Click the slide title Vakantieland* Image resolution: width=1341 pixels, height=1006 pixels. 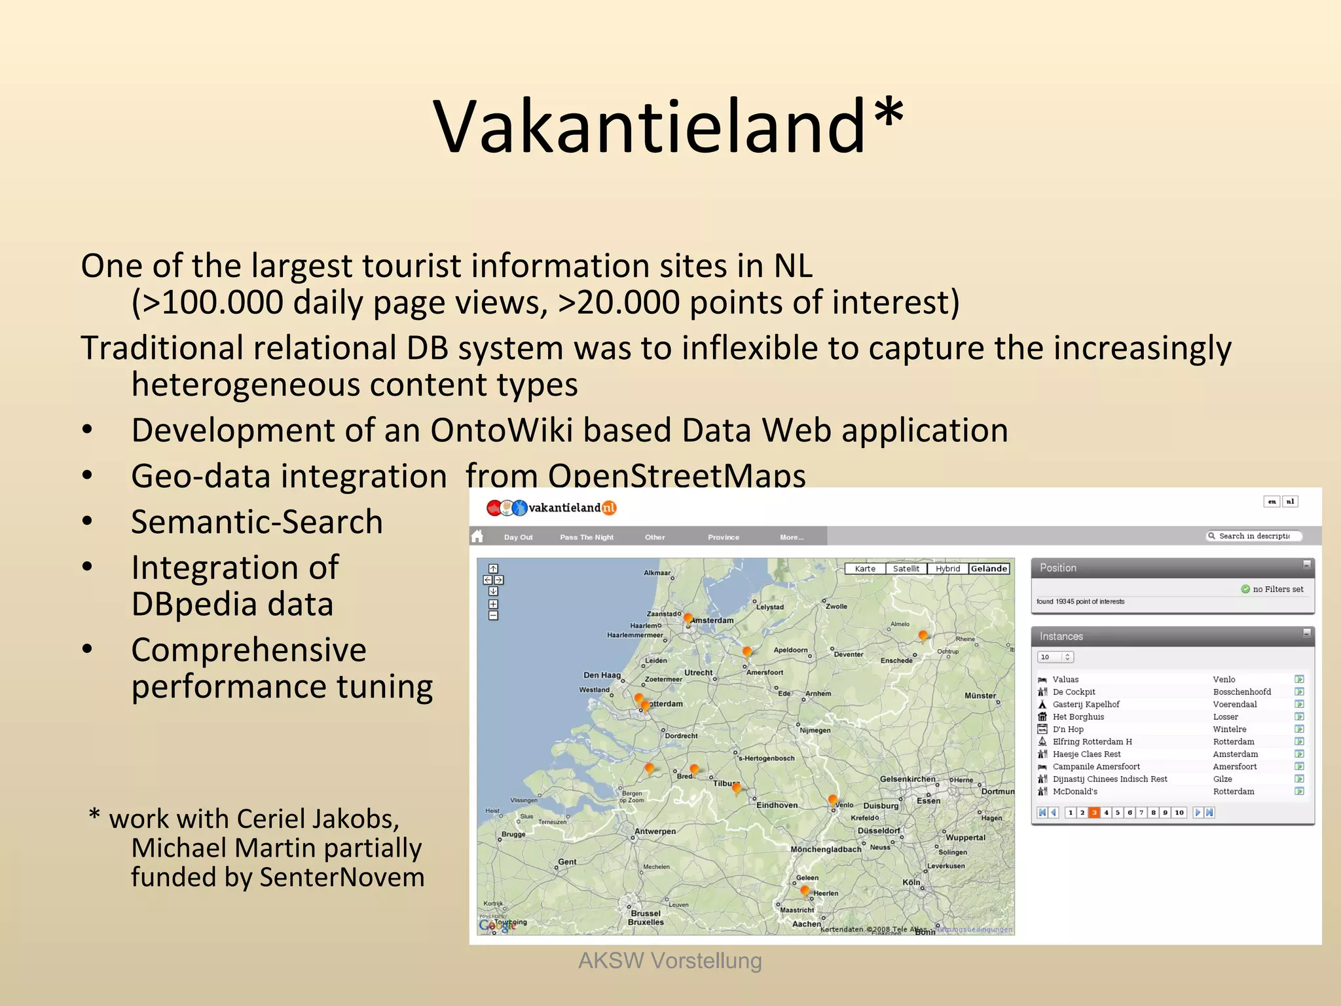pyautogui.click(x=669, y=126)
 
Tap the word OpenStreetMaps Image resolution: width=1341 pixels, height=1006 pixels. pyautogui.click(x=676, y=476)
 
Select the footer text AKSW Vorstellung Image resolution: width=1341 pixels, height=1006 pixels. pyautogui.click(x=670, y=961)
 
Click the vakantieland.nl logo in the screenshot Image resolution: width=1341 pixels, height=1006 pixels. pyautogui.click(x=551, y=508)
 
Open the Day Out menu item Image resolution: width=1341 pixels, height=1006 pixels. pyautogui.click(x=518, y=537)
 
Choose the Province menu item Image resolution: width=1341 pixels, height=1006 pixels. pyautogui.click(x=723, y=537)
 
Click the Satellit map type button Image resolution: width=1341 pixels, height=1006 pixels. pyautogui.click(x=906, y=568)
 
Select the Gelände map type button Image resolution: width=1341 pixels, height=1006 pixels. pyautogui.click(x=989, y=568)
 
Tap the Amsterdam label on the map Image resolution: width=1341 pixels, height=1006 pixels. pyautogui.click(x=712, y=620)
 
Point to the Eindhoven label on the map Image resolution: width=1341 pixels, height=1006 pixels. pyautogui.click(x=777, y=805)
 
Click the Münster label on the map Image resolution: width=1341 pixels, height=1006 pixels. pyautogui.click(x=980, y=696)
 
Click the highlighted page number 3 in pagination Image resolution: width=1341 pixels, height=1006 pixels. pyautogui.click(x=1093, y=812)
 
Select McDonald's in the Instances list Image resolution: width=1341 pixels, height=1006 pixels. pyautogui.click(x=1075, y=791)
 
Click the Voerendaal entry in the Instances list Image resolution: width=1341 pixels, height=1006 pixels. pyautogui.click(x=1234, y=704)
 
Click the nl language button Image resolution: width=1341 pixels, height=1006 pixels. pyautogui.click(x=1290, y=502)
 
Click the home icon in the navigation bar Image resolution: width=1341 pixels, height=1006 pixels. pyautogui.click(x=477, y=536)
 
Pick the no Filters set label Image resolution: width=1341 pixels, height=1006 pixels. pyautogui.click(x=1277, y=589)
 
